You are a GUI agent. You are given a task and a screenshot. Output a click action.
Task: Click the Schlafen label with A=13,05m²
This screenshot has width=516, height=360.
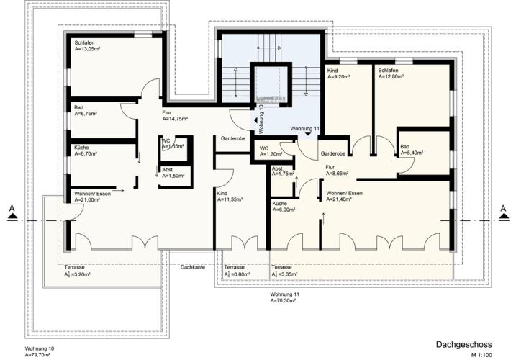[x=87, y=46]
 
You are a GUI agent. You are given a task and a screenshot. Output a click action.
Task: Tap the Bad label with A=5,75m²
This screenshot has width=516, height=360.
[x=86, y=111]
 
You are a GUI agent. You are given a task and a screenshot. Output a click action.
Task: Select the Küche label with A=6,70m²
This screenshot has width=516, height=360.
[x=86, y=150]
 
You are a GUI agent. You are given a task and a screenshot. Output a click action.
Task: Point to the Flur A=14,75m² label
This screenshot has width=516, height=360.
[x=175, y=116]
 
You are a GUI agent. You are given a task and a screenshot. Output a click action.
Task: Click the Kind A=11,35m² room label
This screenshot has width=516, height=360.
[x=230, y=197]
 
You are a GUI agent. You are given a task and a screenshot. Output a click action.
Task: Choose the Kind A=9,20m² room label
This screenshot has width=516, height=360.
[x=339, y=73]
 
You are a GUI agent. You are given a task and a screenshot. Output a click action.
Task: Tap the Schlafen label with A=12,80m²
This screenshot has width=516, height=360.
[x=391, y=73]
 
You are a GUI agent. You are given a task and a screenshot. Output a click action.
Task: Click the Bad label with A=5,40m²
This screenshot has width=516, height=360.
[x=412, y=150]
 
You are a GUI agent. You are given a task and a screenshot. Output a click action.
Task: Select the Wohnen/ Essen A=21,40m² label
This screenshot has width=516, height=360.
[x=345, y=197]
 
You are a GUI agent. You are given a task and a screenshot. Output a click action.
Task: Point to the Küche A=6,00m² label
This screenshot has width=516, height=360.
[x=284, y=207]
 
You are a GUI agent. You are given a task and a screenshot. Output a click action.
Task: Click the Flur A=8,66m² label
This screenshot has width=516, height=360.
[x=337, y=171]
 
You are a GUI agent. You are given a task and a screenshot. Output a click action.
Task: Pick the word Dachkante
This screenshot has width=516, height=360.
[x=193, y=267]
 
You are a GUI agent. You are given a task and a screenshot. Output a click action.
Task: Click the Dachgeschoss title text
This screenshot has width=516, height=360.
[x=464, y=344]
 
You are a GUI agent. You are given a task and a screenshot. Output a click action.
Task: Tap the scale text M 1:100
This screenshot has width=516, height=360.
[x=481, y=355]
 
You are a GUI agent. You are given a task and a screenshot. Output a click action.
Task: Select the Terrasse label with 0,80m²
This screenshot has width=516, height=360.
[x=237, y=271]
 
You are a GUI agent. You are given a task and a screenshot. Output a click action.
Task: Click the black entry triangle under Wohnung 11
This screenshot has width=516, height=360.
[x=308, y=134]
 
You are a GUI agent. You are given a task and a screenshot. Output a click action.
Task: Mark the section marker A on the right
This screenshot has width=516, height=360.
[x=503, y=212]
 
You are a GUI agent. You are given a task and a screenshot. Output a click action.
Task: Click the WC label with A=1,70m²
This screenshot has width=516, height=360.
[x=271, y=151]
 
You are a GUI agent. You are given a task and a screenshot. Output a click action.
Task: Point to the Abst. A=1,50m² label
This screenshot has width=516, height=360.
[x=173, y=173]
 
